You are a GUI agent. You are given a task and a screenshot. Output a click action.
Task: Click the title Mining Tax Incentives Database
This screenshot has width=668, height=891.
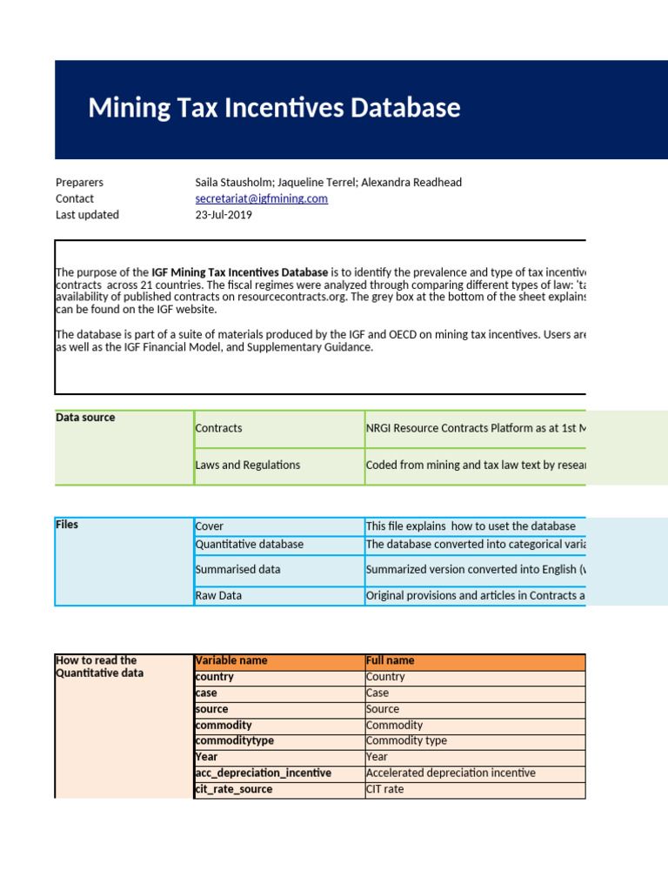pos(274,109)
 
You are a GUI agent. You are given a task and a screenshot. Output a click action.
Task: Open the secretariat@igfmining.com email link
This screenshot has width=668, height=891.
pos(261,198)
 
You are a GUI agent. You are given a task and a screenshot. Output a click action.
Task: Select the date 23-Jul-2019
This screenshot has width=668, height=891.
pos(224,215)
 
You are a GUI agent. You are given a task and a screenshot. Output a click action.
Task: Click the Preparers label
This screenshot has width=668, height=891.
pos(79,183)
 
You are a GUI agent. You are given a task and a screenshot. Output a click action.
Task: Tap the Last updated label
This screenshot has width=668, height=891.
pos(87,215)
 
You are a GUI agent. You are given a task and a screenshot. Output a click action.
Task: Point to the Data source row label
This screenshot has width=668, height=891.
pos(85,418)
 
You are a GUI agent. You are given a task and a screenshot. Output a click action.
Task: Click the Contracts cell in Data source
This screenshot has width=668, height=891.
pos(219,428)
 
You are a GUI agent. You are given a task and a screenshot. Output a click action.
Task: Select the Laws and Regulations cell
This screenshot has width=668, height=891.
pos(248,465)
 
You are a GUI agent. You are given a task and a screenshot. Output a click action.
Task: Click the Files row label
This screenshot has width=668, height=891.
pos(67,525)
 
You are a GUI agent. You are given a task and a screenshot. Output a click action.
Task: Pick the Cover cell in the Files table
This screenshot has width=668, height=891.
pos(210,526)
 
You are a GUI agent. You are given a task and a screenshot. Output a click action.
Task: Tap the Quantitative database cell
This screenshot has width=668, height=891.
pos(250,545)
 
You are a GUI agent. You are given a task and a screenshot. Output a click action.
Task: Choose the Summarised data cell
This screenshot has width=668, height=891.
pos(237,570)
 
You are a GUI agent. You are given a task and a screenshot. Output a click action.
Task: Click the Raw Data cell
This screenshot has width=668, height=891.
pos(218,596)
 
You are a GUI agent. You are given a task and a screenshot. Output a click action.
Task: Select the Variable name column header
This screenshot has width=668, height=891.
pos(231,660)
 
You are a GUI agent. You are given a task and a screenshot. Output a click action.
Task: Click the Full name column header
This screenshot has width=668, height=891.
pos(391,660)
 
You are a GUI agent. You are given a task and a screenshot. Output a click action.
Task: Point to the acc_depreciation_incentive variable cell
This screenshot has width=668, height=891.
pos(263,773)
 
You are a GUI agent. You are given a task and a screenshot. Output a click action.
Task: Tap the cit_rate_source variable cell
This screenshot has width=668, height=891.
pos(233,789)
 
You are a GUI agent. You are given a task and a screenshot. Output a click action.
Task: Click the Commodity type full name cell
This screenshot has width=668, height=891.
pos(406,740)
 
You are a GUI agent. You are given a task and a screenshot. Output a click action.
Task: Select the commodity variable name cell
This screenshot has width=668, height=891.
pos(224,725)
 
